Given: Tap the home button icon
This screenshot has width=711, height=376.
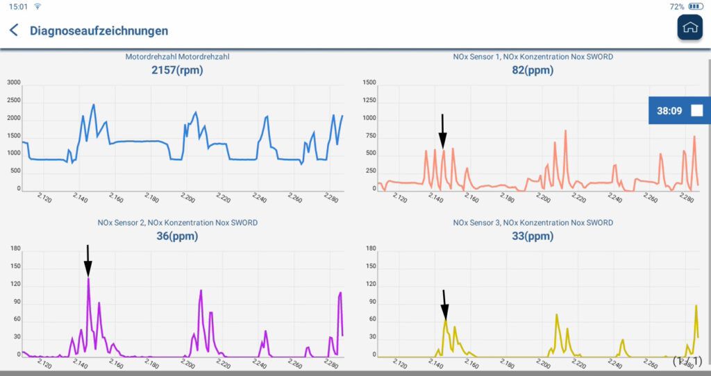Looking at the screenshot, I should tap(689, 27).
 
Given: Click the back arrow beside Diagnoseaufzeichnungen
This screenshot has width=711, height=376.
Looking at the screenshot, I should tap(14, 31).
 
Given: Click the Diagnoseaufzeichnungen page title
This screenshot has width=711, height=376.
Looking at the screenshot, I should tap(99, 31).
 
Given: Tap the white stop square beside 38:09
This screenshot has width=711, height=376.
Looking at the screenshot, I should tap(696, 110).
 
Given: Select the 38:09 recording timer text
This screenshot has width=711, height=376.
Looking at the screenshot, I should tap(669, 110).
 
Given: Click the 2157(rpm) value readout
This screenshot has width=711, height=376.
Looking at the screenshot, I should tap(177, 69).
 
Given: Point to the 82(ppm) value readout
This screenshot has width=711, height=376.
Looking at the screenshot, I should tap(533, 69).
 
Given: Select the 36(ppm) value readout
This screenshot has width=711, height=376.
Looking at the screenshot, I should tap(177, 236).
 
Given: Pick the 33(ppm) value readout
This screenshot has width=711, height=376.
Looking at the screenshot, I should tap(533, 236).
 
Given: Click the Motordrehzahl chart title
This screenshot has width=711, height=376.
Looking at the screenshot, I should tap(177, 57).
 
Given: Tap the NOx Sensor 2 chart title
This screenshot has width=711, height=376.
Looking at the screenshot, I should tap(177, 223).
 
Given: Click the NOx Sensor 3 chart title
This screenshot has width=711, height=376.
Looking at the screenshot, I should tap(533, 223).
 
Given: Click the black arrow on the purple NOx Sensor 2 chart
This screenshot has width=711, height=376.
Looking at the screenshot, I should tap(87, 261).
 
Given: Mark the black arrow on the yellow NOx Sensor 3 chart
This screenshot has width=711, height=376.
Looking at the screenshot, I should tap(444, 305).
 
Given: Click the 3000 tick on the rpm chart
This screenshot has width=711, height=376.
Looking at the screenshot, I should tap(13, 83).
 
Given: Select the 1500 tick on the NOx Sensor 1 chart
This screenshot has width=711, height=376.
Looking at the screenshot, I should tap(369, 83).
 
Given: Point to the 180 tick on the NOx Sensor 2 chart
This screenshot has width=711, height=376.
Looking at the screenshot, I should tap(15, 248).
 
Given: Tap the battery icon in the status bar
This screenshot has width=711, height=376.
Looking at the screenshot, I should tap(695, 6).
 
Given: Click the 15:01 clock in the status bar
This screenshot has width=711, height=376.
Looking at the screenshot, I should tap(18, 6).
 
